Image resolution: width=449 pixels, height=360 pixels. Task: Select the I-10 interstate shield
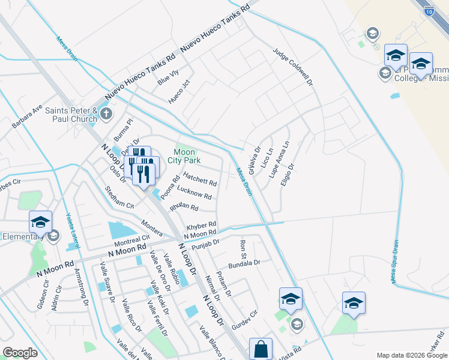428,10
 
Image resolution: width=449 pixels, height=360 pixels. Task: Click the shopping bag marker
261,349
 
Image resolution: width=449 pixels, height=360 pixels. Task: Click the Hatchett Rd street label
200,179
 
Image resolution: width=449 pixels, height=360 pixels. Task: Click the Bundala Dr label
244,263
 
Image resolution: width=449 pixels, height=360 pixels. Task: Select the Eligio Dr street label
288,174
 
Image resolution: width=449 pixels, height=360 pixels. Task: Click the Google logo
20,352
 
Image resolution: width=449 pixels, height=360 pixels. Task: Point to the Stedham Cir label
119,197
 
